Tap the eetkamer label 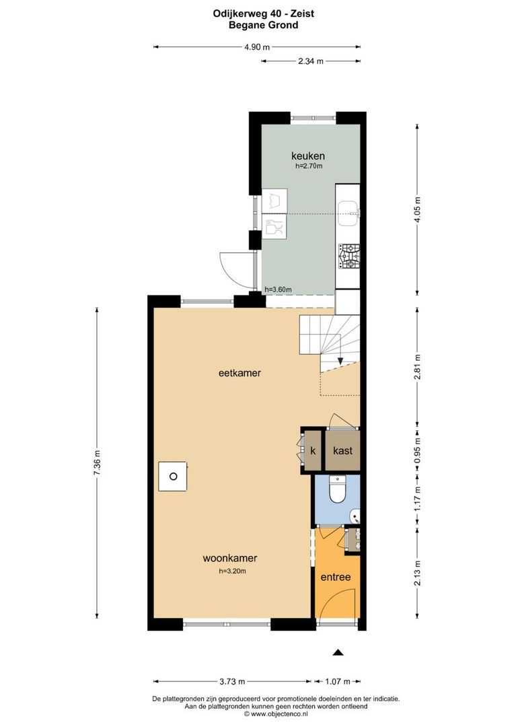(x=240, y=373)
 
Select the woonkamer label (x=230, y=558)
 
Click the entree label (x=336, y=578)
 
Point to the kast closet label (x=342, y=450)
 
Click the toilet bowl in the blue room (x=337, y=491)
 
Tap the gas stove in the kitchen (x=349, y=255)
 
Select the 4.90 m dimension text (x=257, y=47)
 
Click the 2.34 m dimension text (x=311, y=61)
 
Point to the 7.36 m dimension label (x=97, y=462)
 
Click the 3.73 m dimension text (x=232, y=681)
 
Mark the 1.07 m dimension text (x=338, y=681)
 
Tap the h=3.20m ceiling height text (x=233, y=572)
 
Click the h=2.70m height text (x=309, y=166)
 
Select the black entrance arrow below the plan (x=338, y=652)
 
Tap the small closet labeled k (x=313, y=450)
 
